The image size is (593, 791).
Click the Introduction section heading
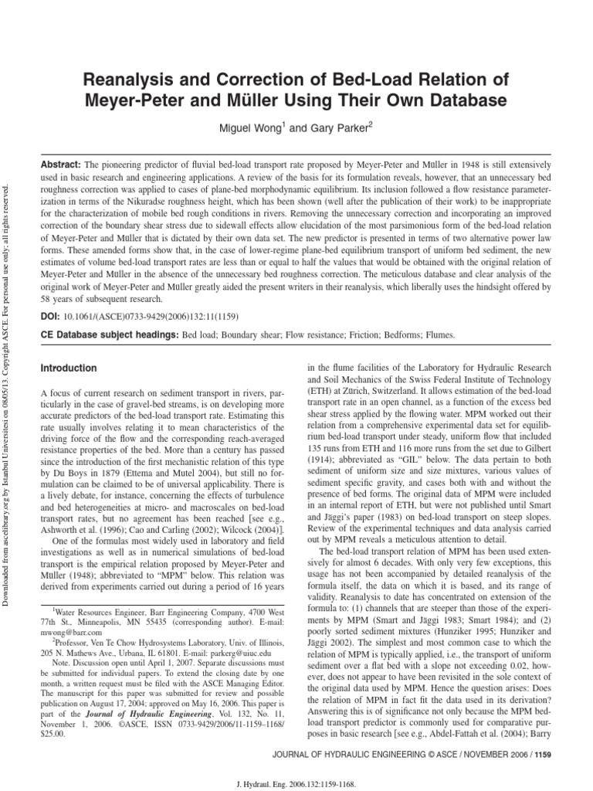69,368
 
